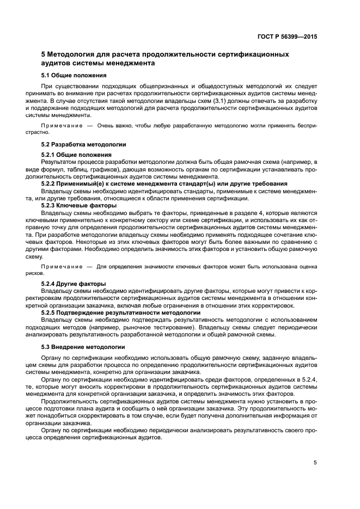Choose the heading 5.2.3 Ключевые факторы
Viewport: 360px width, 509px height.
tap(78, 206)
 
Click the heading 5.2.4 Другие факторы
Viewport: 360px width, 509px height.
tap(74, 284)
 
